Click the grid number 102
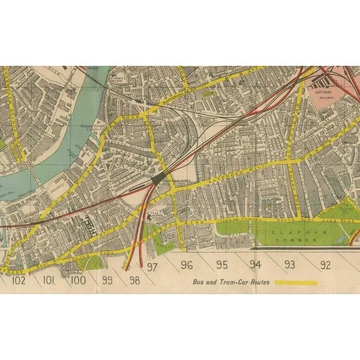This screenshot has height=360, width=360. point(18,279)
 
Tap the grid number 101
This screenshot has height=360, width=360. point(49,279)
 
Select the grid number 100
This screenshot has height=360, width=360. point(78,279)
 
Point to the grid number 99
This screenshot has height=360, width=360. point(107,279)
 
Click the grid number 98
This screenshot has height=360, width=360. point(134,279)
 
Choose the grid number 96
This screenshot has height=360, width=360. point(187,265)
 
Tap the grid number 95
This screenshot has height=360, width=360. point(222,265)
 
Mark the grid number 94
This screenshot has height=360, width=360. point(256,265)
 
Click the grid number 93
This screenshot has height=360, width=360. point(290,265)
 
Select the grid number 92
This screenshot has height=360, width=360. point(325,265)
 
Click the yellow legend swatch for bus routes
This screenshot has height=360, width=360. point(295,282)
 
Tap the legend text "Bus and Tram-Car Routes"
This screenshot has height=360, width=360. point(231,282)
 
